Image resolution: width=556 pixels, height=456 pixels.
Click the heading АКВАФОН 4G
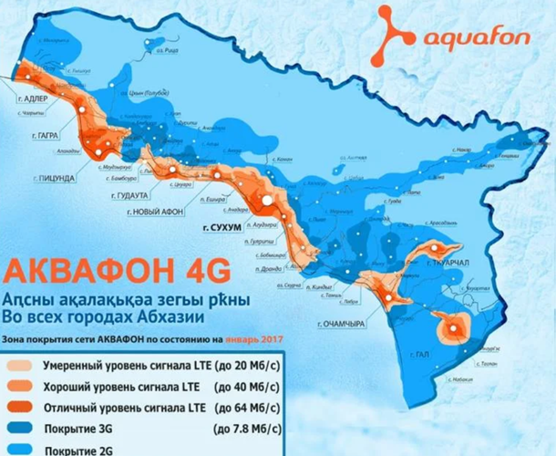(x=116, y=272)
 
